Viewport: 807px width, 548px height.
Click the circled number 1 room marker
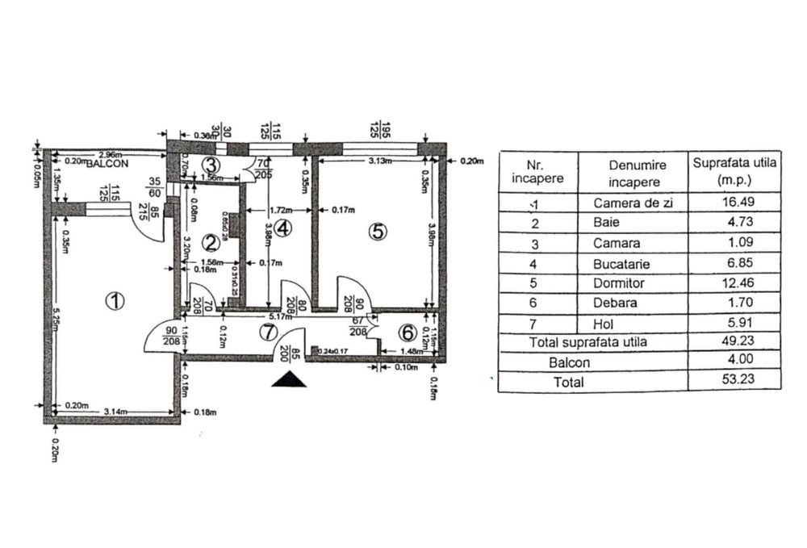(115, 301)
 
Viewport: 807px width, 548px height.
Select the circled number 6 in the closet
(408, 332)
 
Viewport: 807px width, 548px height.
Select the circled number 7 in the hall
(269, 332)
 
